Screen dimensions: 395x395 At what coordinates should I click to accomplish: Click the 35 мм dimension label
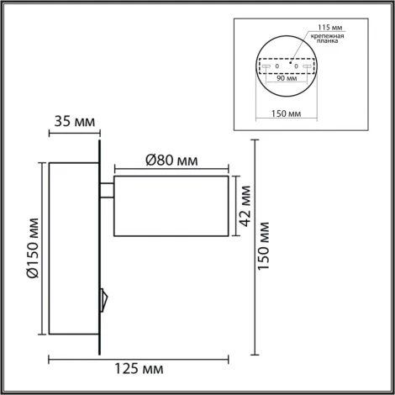(75, 120)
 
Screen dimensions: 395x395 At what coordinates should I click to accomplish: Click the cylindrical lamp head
(171, 207)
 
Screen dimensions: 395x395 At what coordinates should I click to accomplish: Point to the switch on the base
(103, 297)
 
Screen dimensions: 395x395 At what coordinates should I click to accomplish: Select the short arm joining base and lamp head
(108, 192)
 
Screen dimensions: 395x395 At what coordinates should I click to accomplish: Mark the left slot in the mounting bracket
(266, 66)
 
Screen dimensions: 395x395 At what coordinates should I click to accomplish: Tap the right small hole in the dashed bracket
(296, 66)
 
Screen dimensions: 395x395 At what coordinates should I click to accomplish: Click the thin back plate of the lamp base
(101, 252)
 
